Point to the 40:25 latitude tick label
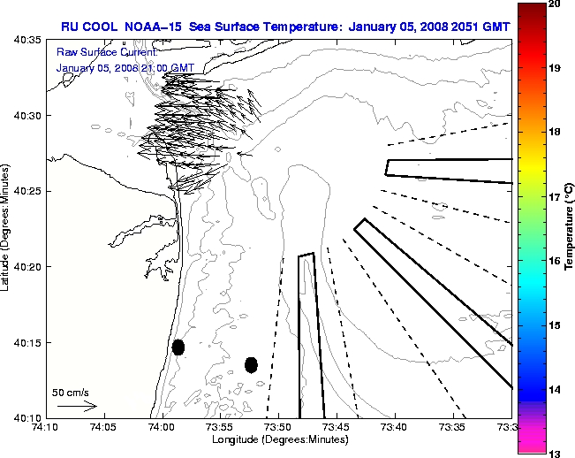(x=29, y=191)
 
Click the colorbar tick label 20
(x=555, y=5)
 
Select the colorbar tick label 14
(x=555, y=389)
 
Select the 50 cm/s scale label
(x=71, y=391)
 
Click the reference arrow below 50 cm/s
(x=78, y=406)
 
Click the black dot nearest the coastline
(x=178, y=347)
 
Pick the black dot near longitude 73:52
(x=251, y=364)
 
